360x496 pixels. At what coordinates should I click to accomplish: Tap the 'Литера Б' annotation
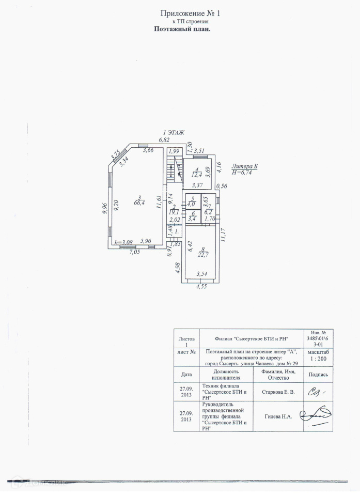tap(245, 166)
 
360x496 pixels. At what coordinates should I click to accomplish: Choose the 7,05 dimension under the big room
tap(134, 253)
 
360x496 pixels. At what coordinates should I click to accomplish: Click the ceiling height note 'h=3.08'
tap(123, 242)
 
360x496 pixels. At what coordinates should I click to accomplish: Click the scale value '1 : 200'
tap(317, 358)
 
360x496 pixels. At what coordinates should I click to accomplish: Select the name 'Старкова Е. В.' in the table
tap(278, 393)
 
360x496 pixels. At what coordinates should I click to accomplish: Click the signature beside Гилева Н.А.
tap(316, 415)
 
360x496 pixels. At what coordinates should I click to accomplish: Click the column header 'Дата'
tap(186, 374)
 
